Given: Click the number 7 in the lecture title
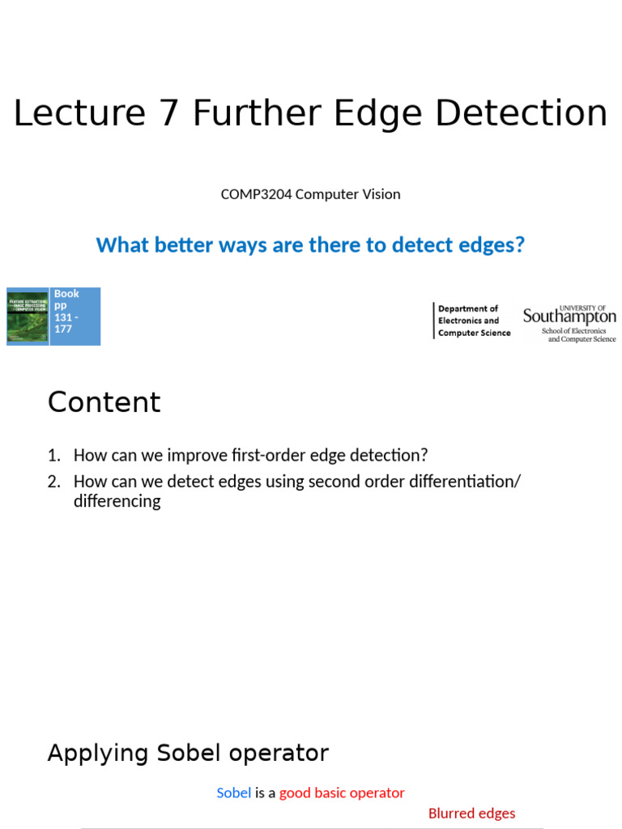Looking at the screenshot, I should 168,113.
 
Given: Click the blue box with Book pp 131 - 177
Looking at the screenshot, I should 75,316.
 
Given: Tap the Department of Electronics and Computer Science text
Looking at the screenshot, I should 474,321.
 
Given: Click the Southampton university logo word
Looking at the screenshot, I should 569,317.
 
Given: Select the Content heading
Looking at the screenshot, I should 104,402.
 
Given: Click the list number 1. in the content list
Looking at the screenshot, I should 53,456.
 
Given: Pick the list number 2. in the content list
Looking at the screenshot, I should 53,482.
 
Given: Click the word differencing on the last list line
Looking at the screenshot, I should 117,501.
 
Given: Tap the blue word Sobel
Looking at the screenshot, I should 233,793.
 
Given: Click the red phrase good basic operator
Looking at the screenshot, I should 342,793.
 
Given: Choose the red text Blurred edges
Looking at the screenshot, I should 471,814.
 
